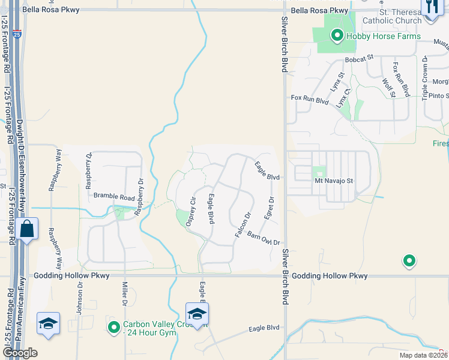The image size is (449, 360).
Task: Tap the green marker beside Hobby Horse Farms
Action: pos(337,37)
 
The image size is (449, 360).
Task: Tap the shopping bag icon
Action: pos(28,229)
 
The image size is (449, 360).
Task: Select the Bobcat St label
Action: pos(359,59)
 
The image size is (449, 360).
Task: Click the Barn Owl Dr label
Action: pos(264,238)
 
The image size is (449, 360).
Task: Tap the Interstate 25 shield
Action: pos(17,35)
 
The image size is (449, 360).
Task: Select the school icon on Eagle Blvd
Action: pos(197,314)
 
